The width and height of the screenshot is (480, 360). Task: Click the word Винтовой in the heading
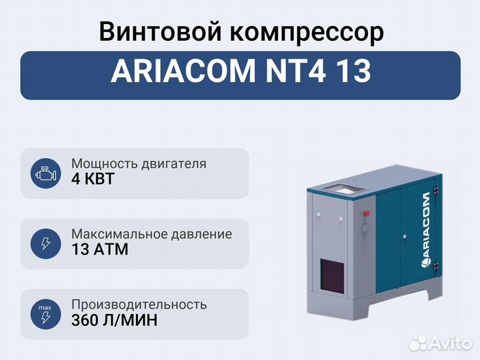pos(160,31)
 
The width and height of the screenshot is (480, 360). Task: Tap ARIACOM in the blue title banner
pos(183,71)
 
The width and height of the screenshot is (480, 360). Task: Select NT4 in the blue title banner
pos(296,71)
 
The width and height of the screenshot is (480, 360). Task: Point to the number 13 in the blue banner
pos(353,71)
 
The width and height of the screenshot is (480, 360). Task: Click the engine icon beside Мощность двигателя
pos(45,173)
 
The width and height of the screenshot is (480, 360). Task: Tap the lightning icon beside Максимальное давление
pos(45,244)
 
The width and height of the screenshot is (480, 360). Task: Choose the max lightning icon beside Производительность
pos(45,314)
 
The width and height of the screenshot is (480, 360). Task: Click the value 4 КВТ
pos(93,179)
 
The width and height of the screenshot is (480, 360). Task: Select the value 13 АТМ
pos(100,249)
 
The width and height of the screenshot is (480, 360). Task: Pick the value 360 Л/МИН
pos(114,320)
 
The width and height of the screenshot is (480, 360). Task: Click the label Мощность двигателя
pos(139,164)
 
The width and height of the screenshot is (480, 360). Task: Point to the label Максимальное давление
pos(151,235)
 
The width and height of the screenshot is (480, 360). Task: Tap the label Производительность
pos(139,305)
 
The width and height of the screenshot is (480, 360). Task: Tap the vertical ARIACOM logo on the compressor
pos(426,230)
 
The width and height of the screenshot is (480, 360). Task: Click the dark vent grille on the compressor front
pos(332,275)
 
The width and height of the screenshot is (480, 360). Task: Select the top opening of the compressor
pos(341,189)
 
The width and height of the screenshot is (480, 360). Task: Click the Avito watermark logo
pos(440,343)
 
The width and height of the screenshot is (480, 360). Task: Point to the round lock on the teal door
pos(405,236)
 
